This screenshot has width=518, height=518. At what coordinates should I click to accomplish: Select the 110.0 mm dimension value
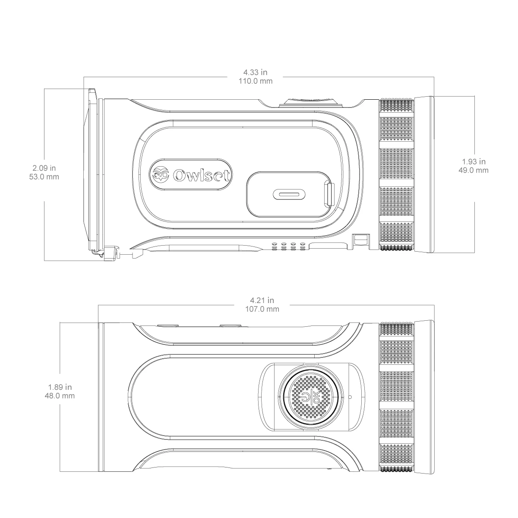[256, 81]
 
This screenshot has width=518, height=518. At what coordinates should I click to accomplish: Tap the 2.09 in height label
[47, 168]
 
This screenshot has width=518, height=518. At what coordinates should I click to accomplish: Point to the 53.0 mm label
[47, 177]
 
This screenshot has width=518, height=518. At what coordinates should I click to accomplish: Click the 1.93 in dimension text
[474, 161]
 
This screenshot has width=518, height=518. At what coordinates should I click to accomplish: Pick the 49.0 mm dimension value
[474, 170]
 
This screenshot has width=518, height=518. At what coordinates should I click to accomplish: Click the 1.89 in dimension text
[60, 387]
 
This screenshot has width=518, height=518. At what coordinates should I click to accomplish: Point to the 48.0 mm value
[60, 395]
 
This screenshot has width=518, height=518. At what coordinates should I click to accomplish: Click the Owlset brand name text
[201, 176]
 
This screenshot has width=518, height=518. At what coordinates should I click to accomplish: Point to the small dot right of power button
[350, 396]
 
